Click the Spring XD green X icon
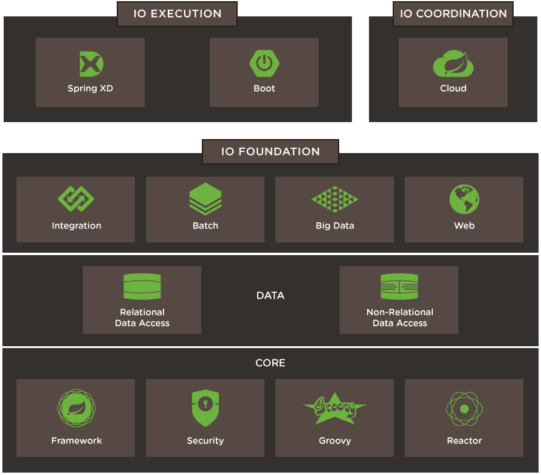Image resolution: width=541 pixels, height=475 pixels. (91, 64)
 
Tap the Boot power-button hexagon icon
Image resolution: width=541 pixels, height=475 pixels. (264, 63)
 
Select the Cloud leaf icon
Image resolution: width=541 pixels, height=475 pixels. (453, 64)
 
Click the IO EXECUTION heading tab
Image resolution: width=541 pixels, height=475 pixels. (177, 13)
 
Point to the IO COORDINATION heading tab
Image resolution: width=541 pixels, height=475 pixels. (453, 13)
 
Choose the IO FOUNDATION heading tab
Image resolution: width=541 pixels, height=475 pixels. (270, 152)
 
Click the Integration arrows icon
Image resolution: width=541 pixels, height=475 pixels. (76, 199)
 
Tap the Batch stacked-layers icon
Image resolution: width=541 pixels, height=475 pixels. (205, 199)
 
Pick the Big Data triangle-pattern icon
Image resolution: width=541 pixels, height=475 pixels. (334, 199)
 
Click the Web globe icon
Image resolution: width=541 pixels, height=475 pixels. (464, 199)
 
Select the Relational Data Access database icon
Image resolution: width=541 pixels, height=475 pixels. (142, 287)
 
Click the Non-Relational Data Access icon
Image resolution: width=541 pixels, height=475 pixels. (399, 287)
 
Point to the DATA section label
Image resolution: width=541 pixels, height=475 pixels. (270, 296)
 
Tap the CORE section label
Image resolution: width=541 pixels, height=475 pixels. (270, 363)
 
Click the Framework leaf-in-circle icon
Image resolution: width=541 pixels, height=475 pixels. (76, 409)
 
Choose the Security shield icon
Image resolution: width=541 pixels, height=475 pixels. (205, 408)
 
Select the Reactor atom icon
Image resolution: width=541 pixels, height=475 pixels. (464, 409)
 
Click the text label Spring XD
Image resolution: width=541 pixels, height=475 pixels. (91, 89)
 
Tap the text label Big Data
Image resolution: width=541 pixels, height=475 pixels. (334, 226)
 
